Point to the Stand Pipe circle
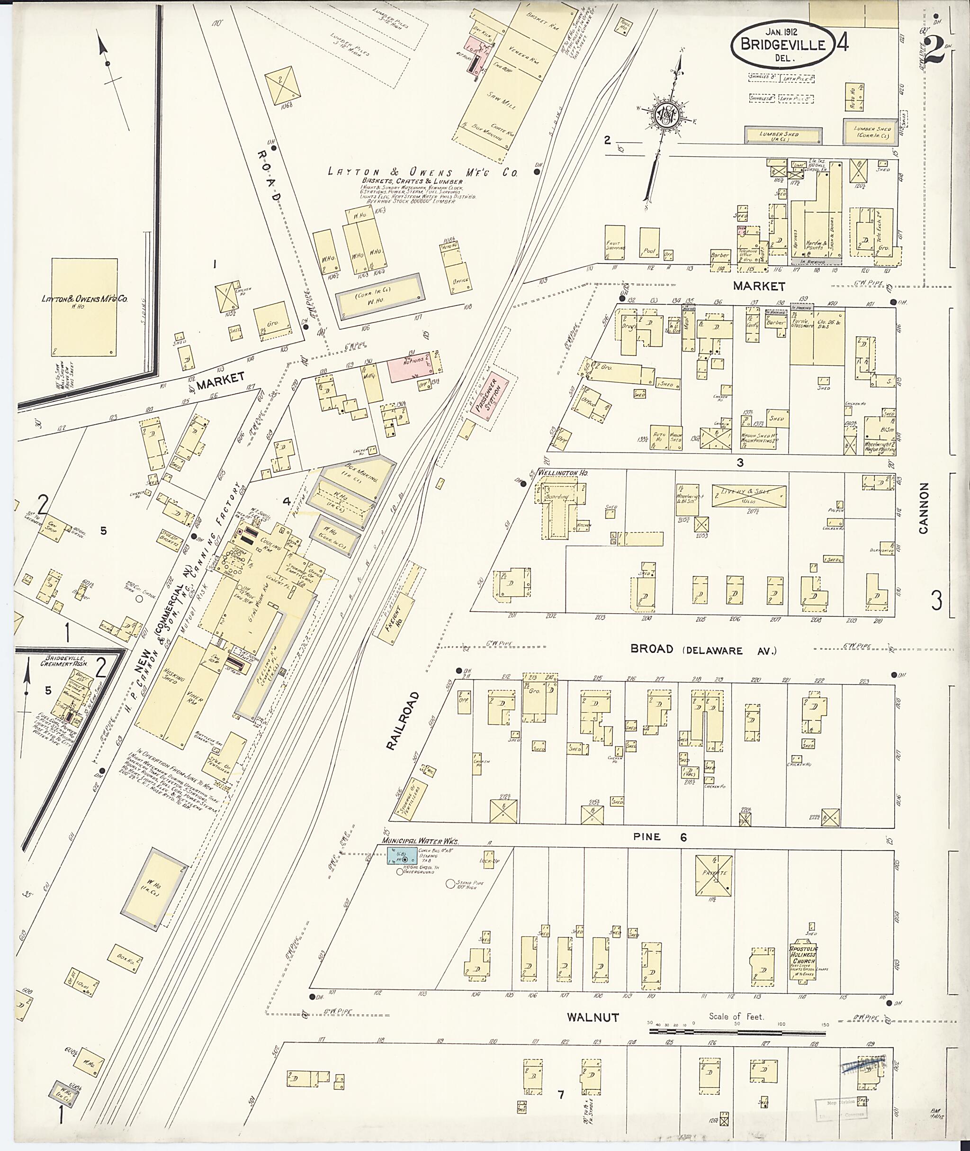point(450,884)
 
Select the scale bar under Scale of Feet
point(737,1032)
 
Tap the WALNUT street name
point(593,1017)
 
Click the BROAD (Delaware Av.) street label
point(703,650)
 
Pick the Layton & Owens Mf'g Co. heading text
point(422,172)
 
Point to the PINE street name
point(647,837)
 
